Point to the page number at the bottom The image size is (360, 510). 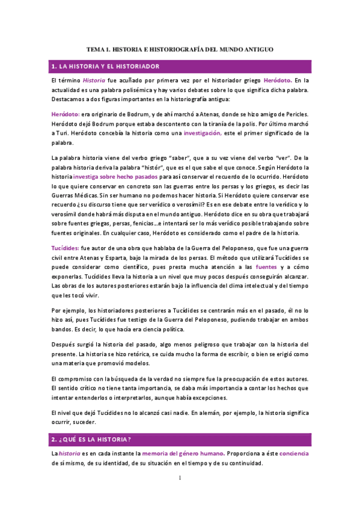(x=180, y=478)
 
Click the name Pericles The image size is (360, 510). (x=294, y=114)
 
